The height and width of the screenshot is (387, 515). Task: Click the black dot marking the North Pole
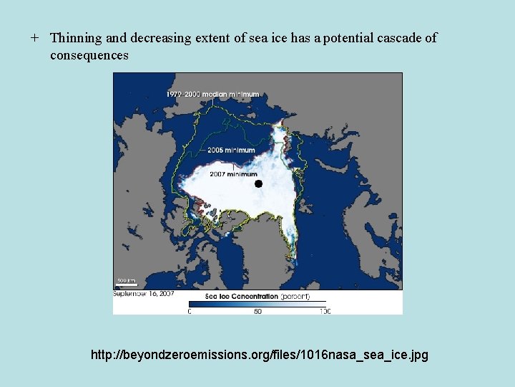coord(258,184)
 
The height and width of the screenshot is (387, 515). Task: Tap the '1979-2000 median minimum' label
coord(213,95)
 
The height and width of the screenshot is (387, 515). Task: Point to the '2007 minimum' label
coord(233,174)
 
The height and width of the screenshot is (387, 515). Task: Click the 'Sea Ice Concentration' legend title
coord(241,296)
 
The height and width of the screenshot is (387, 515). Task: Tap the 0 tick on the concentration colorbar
coord(190,311)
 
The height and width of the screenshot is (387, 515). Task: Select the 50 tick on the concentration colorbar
coord(257,311)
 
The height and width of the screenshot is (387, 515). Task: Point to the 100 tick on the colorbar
coord(324,311)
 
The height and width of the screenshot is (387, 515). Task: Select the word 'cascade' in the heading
coord(401,38)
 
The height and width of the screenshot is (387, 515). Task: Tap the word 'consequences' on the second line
coord(89,54)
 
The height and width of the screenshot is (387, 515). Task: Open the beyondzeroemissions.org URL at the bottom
coord(260,354)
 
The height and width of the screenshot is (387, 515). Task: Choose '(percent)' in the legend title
coord(295,296)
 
